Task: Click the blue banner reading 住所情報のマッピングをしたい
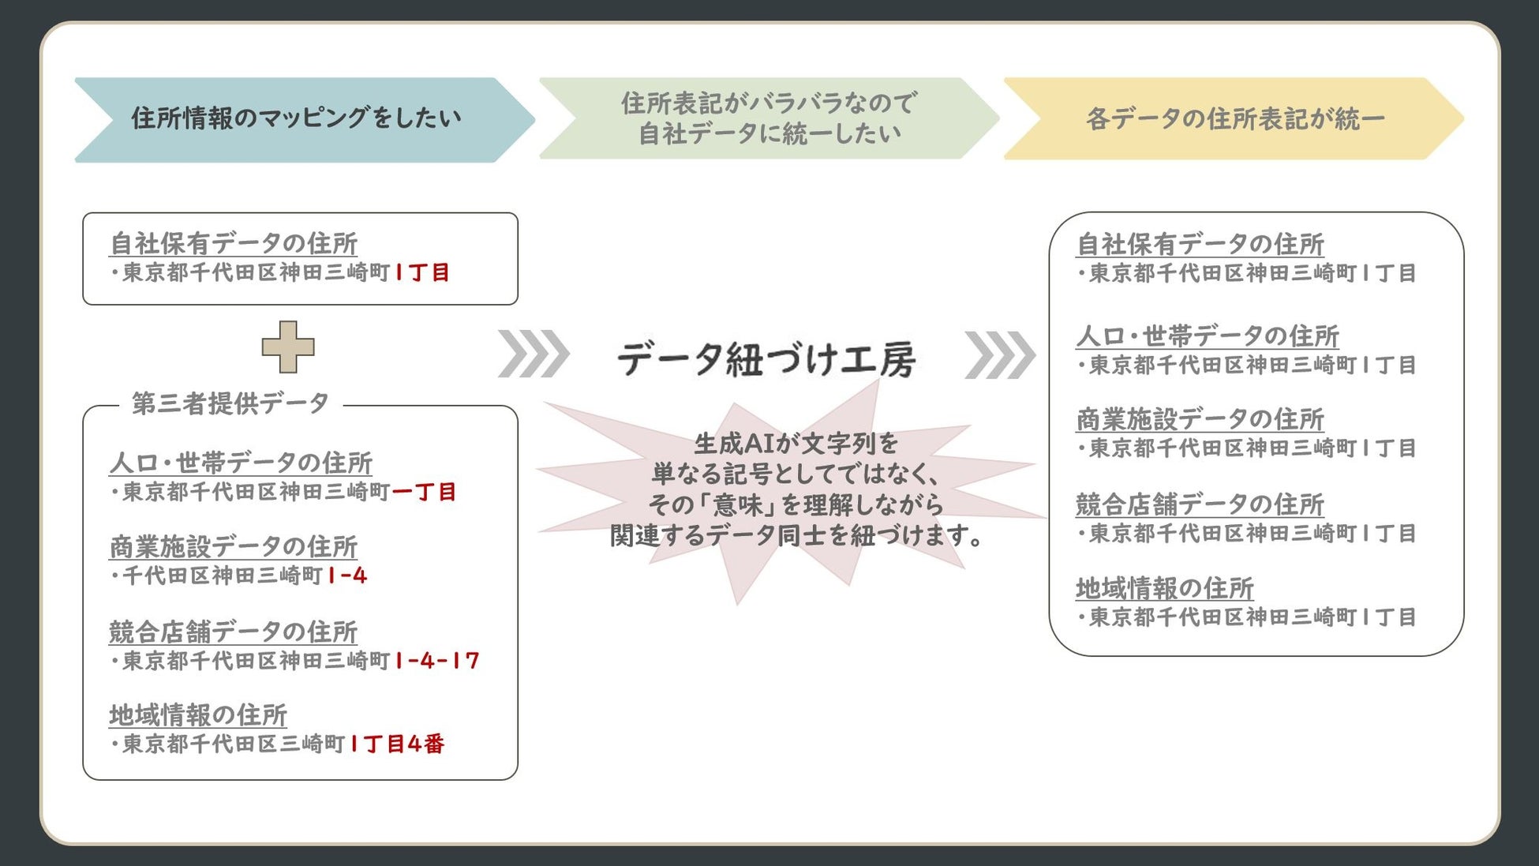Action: click(x=296, y=119)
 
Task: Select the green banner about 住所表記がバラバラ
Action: click(x=768, y=118)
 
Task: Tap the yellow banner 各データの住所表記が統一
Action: click(x=1234, y=119)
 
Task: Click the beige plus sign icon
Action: click(x=288, y=347)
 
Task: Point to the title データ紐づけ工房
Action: click(x=766, y=359)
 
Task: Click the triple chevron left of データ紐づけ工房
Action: click(x=534, y=354)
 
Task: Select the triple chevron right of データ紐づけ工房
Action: click(x=999, y=354)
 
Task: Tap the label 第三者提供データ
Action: click(x=230, y=403)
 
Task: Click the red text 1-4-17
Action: click(x=437, y=661)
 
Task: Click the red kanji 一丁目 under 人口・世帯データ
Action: click(x=424, y=492)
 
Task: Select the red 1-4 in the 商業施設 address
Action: click(x=347, y=575)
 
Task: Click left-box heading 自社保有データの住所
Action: click(x=234, y=243)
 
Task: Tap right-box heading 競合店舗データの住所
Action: click(x=1200, y=504)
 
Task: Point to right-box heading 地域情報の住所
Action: click(x=1164, y=588)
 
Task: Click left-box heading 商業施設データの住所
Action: click(x=234, y=546)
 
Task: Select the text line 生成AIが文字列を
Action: click(x=796, y=443)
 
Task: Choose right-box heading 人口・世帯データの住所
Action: click(x=1208, y=336)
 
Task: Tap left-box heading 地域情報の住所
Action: click(x=198, y=714)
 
